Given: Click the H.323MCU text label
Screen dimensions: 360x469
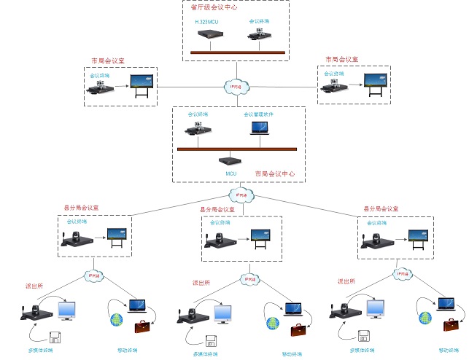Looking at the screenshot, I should click(x=206, y=22).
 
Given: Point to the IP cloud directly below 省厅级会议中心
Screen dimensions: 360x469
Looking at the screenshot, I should click(x=235, y=86).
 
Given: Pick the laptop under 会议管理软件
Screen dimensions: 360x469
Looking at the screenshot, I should click(x=259, y=129).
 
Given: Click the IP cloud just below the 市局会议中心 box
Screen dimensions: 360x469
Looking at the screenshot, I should click(x=240, y=195).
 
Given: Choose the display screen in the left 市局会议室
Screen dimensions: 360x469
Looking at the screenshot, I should click(x=142, y=85).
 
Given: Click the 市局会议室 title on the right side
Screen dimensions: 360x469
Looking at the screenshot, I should click(x=342, y=59).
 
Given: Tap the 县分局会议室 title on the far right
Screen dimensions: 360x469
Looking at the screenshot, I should click(x=381, y=208).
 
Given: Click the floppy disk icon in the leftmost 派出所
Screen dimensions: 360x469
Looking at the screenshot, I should click(x=54, y=337).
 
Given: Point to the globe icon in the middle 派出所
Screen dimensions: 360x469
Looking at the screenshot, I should click(x=273, y=322).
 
